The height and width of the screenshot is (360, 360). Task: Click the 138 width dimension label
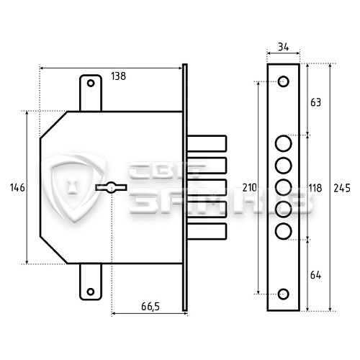[x=118, y=76]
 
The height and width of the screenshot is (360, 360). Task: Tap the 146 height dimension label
[x=17, y=187]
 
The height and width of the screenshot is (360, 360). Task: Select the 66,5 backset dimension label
[x=150, y=307]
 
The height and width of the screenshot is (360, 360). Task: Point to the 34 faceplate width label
[x=284, y=47]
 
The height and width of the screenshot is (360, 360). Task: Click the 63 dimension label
[x=315, y=102]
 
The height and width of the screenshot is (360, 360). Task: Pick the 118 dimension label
[x=315, y=188]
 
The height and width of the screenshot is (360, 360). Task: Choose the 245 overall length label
[x=342, y=188]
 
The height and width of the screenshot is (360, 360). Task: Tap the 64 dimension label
[x=315, y=275]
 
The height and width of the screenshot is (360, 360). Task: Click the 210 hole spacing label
[x=250, y=188]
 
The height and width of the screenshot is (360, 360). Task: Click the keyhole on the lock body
[x=111, y=187]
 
